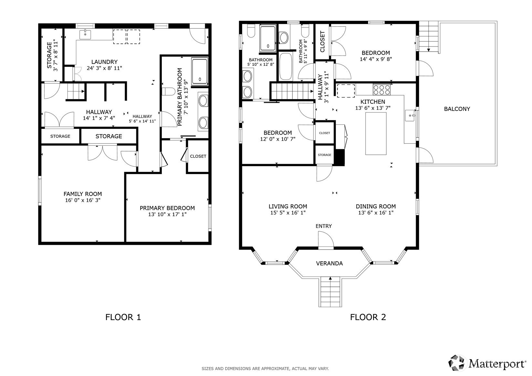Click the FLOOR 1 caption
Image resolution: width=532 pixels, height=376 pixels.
coord(123,317)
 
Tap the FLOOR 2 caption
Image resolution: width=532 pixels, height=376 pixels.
coord(368,317)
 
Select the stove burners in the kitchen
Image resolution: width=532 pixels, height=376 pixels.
coord(382,90)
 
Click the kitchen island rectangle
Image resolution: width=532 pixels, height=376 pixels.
coord(376,133)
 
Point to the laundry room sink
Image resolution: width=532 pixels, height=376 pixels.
coord(85,35)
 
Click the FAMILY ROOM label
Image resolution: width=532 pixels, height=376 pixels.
coord(83,194)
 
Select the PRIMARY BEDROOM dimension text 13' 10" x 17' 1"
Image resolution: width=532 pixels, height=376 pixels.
coord(167,214)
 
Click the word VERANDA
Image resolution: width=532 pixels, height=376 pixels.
coord(329,263)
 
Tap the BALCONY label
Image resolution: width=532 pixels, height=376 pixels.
coord(457,109)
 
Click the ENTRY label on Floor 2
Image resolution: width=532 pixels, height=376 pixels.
coord(324,226)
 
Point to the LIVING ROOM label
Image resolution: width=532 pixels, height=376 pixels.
coord(288,206)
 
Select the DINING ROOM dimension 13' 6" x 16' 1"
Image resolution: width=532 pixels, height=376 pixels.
coord(376,213)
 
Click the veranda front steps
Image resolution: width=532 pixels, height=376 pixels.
coord(330,292)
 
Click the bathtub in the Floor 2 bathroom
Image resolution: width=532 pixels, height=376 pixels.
coord(286,66)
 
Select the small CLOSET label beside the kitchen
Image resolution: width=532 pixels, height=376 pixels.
coord(324,133)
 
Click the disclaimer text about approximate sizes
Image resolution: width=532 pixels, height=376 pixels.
coord(265,369)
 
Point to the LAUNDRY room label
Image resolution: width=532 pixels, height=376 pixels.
coord(104,62)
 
